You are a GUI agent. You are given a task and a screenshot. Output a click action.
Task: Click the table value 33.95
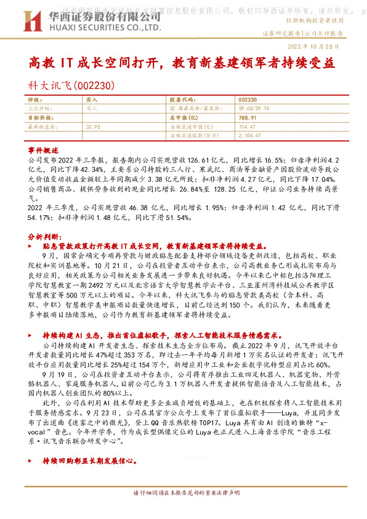[94, 126]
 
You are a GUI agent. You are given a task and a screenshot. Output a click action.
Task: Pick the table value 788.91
[246, 116]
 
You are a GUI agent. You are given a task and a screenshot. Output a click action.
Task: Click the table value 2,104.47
[249, 134]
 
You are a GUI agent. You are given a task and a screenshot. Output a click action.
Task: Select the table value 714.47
[246, 126]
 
